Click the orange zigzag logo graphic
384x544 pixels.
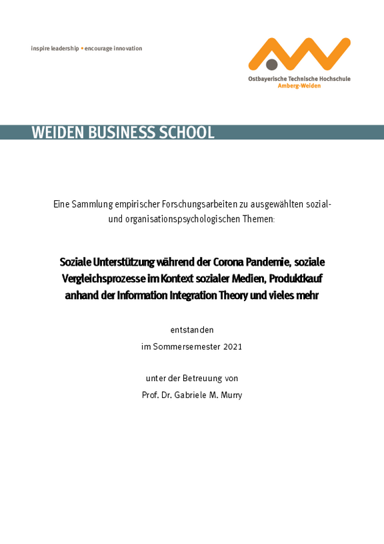[x=299, y=52]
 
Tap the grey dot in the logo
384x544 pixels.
[x=272, y=65]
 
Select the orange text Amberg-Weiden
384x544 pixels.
[x=299, y=86]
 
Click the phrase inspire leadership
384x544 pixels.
[x=55, y=49]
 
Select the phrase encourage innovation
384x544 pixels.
[x=113, y=49]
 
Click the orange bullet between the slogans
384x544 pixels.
[x=82, y=49]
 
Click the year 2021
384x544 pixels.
[x=232, y=346]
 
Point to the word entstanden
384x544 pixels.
[x=192, y=329]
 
